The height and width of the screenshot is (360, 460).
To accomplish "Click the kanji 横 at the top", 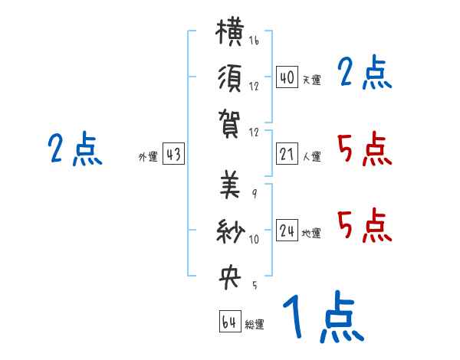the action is [x=230, y=31].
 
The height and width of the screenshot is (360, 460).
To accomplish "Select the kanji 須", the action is [x=229, y=78].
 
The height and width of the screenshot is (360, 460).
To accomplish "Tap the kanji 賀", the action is [x=229, y=123].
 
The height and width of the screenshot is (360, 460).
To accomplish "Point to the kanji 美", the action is [x=230, y=185].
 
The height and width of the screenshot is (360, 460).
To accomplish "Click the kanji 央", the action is [x=230, y=277].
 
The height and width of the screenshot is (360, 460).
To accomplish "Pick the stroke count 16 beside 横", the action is [x=254, y=41].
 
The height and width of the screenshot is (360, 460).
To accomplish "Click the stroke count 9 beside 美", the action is [x=255, y=194].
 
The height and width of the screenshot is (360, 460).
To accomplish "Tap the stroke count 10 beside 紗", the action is [x=254, y=239].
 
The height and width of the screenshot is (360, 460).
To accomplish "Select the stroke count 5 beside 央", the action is [x=255, y=285].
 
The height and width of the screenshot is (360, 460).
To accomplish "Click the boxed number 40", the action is [x=287, y=77].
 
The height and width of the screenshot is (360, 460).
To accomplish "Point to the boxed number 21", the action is [x=287, y=154].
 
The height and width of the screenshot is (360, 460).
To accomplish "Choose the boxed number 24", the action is [x=287, y=230].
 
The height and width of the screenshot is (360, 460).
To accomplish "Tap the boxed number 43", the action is [x=173, y=154].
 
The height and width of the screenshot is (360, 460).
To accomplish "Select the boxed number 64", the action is [x=230, y=321].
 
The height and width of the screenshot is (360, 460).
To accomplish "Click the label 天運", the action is [x=312, y=80].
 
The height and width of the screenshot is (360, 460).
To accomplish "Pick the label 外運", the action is [x=148, y=156].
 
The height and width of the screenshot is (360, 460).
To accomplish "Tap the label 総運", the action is [x=255, y=324].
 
